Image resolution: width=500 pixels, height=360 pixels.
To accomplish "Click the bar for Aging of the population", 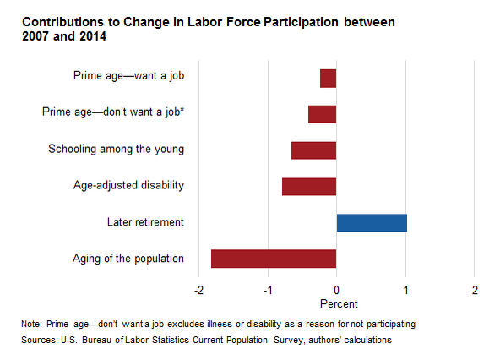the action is click(274, 259).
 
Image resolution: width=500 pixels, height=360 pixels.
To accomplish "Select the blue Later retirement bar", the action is click(372, 223).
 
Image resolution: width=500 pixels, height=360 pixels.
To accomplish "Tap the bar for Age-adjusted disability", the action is click(309, 187).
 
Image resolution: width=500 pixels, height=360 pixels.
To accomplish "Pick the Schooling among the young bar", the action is click(314, 150).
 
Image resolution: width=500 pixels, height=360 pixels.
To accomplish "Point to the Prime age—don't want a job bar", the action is click(323, 114).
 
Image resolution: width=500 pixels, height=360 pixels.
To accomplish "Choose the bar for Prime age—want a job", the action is click(328, 79).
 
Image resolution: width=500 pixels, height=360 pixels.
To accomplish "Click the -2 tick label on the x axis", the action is click(198, 290).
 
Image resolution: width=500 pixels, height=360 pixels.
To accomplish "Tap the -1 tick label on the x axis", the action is click(268, 290).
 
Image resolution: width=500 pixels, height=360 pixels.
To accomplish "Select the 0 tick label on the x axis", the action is click(336, 290).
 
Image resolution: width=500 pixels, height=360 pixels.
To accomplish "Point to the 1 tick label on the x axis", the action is click(405, 290).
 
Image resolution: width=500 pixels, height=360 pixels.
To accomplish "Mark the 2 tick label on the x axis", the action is click(475, 290).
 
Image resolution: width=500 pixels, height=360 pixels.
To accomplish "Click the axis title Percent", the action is click(339, 304).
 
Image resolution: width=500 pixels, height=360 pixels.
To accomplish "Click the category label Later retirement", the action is click(145, 222).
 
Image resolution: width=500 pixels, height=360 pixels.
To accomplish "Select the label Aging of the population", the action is click(128, 259).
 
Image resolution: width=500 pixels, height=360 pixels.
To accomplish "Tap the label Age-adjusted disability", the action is click(128, 185).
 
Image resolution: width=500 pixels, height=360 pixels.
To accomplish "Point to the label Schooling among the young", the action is click(116, 149).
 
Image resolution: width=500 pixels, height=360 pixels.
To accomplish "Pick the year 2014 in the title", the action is click(93, 36).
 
